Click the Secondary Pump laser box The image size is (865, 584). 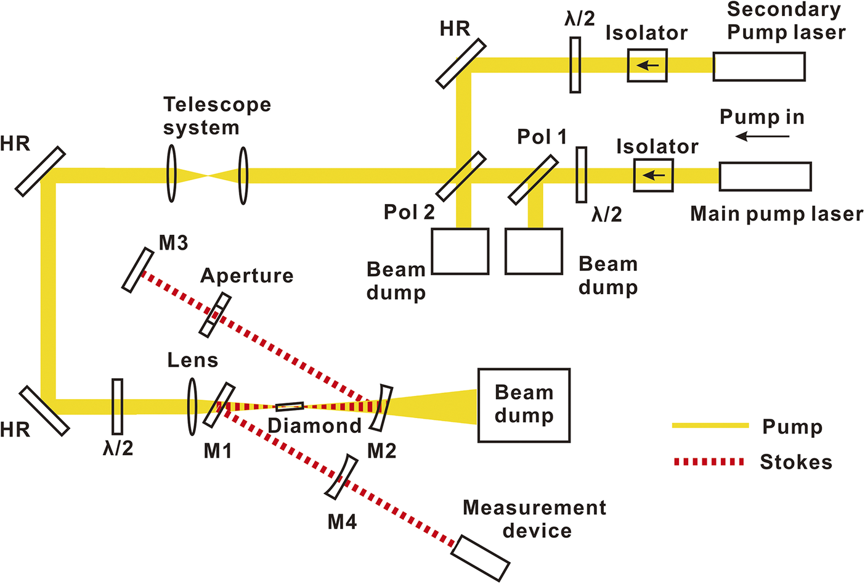[759, 67]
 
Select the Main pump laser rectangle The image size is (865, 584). [765, 176]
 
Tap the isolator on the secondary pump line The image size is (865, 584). [647, 65]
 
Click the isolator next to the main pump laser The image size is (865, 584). [654, 176]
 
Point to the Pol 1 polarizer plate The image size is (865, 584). [534, 180]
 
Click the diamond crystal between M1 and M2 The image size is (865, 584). [290, 406]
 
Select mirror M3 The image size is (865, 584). [137, 269]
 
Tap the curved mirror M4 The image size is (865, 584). [341, 477]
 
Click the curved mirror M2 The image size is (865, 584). [381, 408]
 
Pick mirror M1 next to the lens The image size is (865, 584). [219, 405]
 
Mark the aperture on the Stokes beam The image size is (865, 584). [215, 315]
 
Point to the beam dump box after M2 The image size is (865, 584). [524, 405]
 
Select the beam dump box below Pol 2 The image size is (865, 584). [460, 251]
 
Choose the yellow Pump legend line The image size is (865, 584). [710, 426]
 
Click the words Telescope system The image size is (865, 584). [217, 116]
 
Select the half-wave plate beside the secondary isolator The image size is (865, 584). [575, 65]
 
